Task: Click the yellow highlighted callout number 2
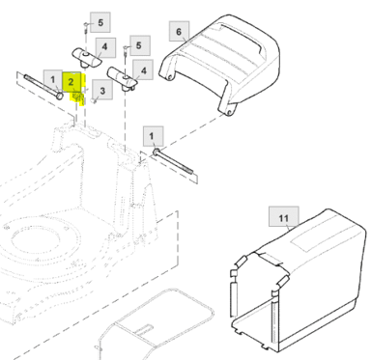pyautogui.click(x=71, y=81)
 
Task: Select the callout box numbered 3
pyautogui.click(x=102, y=90)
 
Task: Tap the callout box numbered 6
pyautogui.click(x=179, y=31)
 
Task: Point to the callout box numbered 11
pyautogui.click(x=284, y=218)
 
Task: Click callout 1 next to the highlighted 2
pyautogui.click(x=53, y=79)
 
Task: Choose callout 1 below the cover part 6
pyautogui.click(x=152, y=136)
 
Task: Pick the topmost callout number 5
pyautogui.click(x=100, y=22)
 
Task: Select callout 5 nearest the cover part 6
pyautogui.click(x=138, y=45)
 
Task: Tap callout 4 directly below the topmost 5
pyautogui.click(x=104, y=47)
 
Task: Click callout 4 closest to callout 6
pyautogui.click(x=144, y=70)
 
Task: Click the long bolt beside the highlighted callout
pyautogui.click(x=43, y=87)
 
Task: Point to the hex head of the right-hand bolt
pyautogui.click(x=156, y=152)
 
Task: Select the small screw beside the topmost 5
pyautogui.click(x=86, y=27)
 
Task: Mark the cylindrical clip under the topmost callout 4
pyautogui.click(x=86, y=58)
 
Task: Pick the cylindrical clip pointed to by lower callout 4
pyautogui.click(x=123, y=79)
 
